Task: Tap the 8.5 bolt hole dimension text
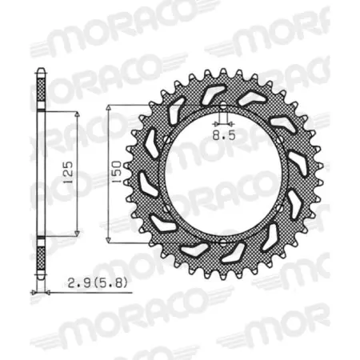tap(222, 137)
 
